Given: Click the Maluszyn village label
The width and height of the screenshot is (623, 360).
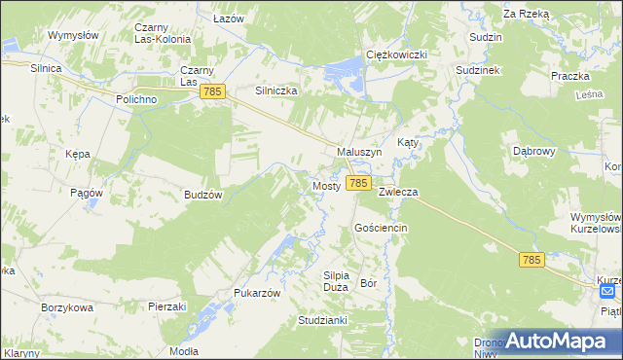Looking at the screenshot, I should (359, 153).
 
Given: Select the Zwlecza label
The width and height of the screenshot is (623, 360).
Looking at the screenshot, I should (398, 193).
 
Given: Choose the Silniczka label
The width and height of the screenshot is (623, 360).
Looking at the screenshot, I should (275, 90).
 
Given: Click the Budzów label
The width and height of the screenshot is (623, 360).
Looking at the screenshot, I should (204, 195).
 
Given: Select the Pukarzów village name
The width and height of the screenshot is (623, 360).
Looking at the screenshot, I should (257, 292).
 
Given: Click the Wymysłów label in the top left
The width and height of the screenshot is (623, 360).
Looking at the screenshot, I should (74, 35).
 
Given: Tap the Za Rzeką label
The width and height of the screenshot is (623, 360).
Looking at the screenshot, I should (527, 15).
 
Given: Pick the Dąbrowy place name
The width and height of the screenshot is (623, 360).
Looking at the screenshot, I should (533, 151).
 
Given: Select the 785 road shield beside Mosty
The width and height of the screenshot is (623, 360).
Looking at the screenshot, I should (358, 183).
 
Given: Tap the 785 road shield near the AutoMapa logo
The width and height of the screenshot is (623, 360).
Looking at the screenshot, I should (531, 259).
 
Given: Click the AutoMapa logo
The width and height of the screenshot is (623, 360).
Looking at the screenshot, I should (555, 341).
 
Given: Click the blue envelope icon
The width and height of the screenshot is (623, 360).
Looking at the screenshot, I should (608, 291).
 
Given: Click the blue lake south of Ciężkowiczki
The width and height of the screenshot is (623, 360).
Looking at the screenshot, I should (346, 70).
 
